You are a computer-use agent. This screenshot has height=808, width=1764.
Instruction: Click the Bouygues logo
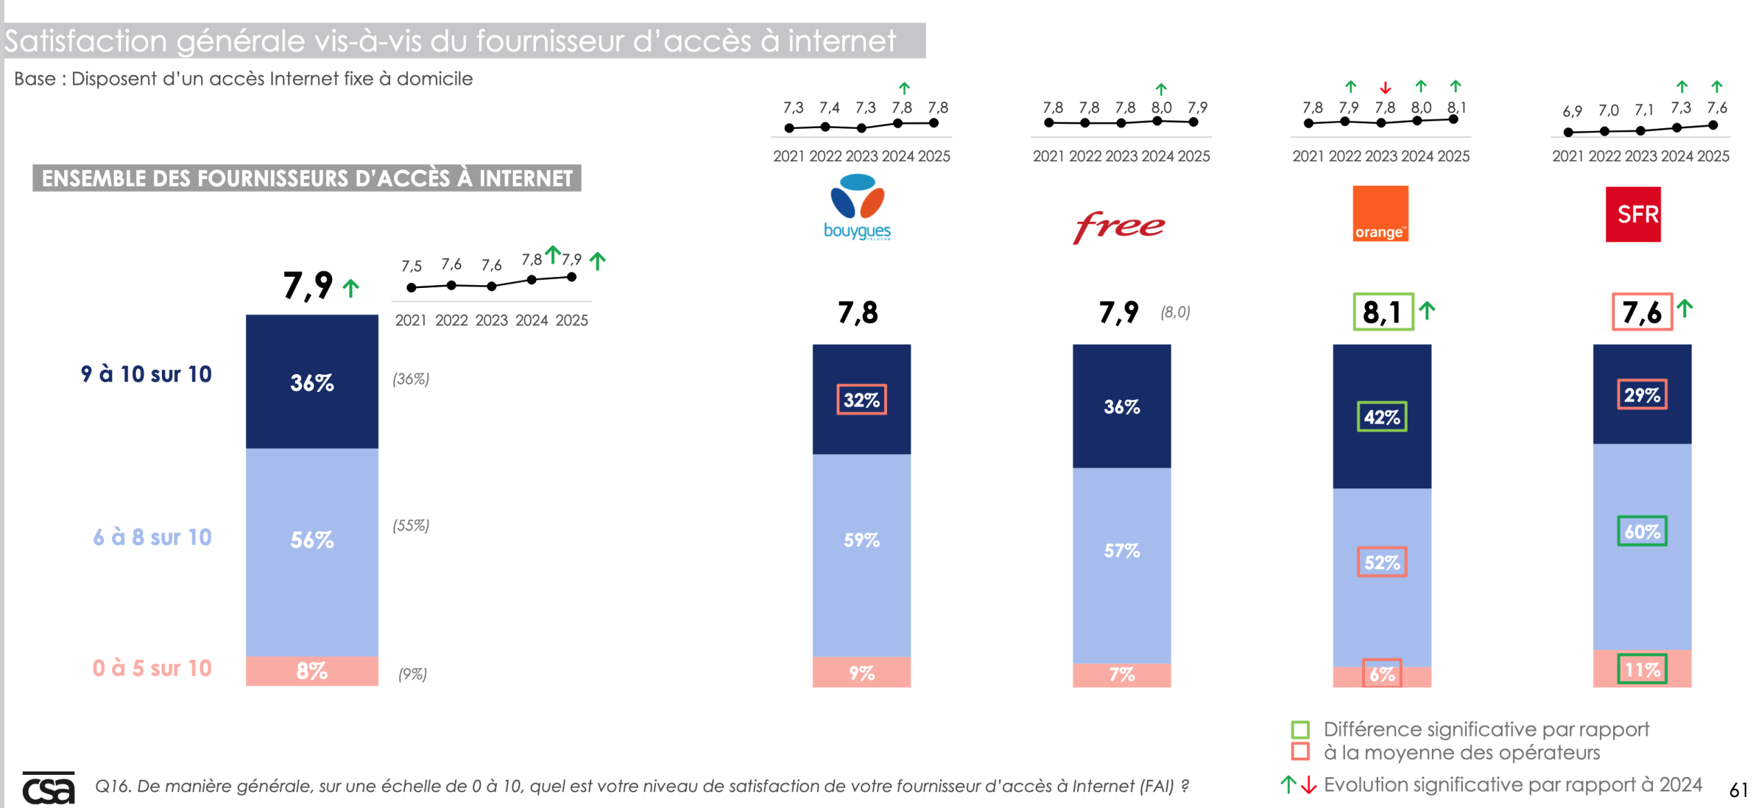tap(857, 206)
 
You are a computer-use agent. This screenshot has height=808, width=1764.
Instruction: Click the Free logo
tap(1119, 226)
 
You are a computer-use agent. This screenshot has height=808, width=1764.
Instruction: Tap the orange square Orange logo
tap(1380, 214)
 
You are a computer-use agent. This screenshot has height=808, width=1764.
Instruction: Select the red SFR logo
tap(1633, 214)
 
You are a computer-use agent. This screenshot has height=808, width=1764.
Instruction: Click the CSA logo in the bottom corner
tap(48, 788)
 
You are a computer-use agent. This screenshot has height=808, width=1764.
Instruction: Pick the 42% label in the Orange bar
tap(1382, 417)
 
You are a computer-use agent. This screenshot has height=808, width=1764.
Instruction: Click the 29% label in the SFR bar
tap(1642, 395)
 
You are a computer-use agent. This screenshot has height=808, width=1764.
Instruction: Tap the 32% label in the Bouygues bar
tap(861, 400)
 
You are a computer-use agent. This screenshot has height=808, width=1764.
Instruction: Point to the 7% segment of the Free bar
tap(1122, 674)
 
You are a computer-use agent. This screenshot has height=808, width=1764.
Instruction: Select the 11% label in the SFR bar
tap(1642, 669)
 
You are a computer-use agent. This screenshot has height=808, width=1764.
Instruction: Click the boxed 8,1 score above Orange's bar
tap(1383, 312)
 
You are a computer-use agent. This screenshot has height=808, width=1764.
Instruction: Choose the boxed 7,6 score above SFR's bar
tap(1641, 312)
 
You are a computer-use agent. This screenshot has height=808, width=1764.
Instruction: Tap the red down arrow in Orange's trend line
tap(1385, 88)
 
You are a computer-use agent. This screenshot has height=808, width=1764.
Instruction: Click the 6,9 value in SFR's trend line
tap(1572, 111)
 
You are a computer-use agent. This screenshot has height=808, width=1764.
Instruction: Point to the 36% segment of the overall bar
tap(312, 382)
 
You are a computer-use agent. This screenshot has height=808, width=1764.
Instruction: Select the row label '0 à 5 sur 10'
tap(152, 668)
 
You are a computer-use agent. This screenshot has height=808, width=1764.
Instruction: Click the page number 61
tap(1739, 790)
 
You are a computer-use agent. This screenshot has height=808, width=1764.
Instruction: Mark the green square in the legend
tap(1300, 729)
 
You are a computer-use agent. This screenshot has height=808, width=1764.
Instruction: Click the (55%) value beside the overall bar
tap(411, 526)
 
